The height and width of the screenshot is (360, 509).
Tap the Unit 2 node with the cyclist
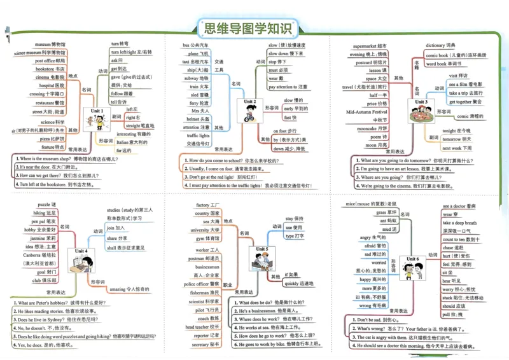pos(249,108)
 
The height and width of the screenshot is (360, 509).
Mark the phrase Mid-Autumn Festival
pos(366,112)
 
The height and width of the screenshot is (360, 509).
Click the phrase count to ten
pos(454,239)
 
